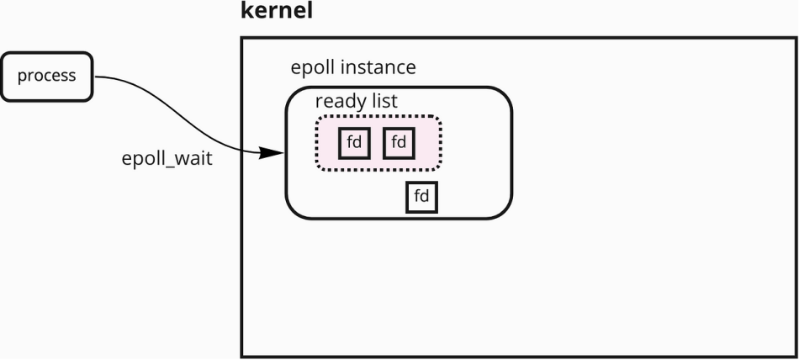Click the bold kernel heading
click(276, 10)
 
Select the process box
click(47, 77)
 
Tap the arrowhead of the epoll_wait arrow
click(271, 152)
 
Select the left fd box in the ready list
click(354, 143)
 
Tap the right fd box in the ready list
click(399, 143)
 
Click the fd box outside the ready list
click(421, 197)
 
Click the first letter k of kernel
click(246, 10)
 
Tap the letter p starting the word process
click(23, 77)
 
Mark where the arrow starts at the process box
click(95, 77)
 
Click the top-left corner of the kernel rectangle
click(241, 38)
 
